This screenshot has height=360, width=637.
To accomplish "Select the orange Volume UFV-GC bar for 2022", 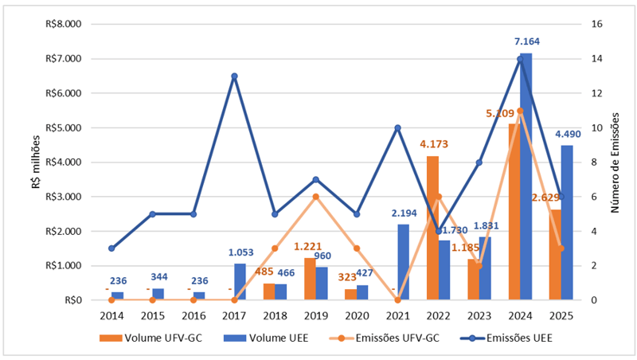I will [x=432, y=228].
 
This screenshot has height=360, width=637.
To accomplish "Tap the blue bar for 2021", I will [x=404, y=262].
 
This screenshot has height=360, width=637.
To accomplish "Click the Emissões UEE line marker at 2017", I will [x=234, y=76].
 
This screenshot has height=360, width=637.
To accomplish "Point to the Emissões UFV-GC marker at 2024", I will [x=521, y=111].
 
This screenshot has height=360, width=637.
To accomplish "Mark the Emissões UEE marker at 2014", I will [x=111, y=248].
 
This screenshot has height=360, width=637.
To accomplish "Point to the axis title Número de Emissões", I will [x=616, y=162].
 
